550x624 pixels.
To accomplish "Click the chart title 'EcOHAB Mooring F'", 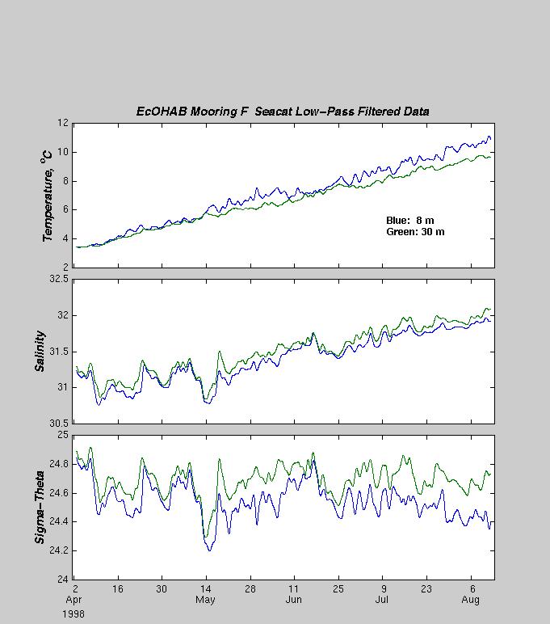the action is (x=192, y=112).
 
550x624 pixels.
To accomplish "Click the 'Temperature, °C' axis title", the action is (x=47, y=196).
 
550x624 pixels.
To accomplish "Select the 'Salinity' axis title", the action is (x=40, y=351).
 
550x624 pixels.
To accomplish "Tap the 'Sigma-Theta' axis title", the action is (x=40, y=508).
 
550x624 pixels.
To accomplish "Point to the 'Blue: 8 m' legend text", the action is (x=410, y=221).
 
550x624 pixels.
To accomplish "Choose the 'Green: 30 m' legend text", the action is (x=415, y=232).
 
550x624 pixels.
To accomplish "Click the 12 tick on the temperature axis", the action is (x=63, y=123).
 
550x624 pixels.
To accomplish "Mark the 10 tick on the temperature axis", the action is (x=63, y=152).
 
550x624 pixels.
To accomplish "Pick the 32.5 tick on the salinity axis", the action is (x=59, y=279).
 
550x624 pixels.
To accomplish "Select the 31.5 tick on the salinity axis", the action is (x=59, y=352).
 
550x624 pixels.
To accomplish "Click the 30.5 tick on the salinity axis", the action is (x=59, y=424).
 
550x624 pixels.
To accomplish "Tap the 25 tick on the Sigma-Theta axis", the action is (x=63, y=435).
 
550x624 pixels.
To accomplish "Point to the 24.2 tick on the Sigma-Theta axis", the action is (x=59, y=550).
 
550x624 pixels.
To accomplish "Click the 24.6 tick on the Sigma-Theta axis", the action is (x=59, y=493).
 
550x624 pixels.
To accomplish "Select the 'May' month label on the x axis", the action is (x=205, y=600).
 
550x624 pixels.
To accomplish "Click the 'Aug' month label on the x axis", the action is (x=471, y=600).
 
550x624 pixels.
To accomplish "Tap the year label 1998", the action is (x=73, y=614).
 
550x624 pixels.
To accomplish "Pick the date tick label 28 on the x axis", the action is (x=250, y=588).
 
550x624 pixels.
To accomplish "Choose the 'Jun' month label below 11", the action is (x=293, y=600).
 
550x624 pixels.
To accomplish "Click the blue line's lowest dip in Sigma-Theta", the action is (x=209, y=550).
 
